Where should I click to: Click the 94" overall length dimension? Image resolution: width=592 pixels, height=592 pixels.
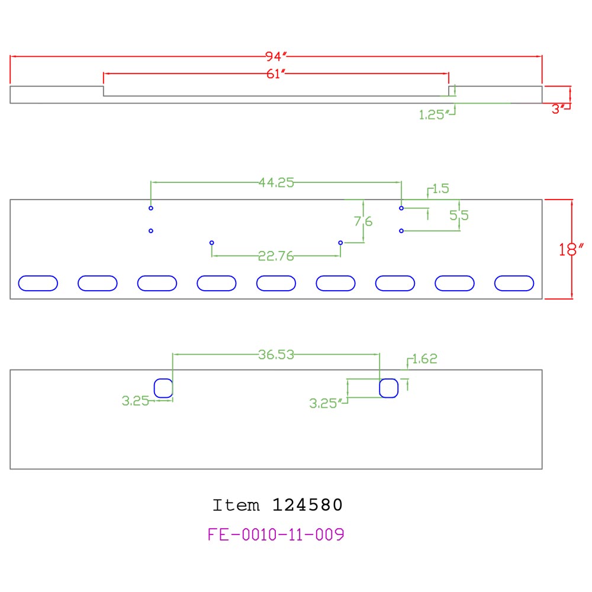click(276, 56)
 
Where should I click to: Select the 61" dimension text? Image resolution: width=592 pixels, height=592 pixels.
click(276, 73)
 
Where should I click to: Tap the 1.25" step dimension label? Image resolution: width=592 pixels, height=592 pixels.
click(434, 114)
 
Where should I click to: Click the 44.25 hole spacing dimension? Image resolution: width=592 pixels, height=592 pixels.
click(276, 182)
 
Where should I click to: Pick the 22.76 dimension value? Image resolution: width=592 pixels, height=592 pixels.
click(276, 256)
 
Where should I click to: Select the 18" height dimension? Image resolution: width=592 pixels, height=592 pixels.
click(571, 249)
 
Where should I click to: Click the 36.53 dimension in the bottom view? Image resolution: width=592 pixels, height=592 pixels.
click(276, 355)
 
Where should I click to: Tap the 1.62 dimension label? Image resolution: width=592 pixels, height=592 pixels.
click(424, 359)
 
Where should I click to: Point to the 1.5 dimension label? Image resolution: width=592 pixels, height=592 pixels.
click(440, 188)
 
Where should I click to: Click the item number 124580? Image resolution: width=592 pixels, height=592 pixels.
click(307, 505)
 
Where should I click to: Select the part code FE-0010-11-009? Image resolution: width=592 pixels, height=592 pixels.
click(276, 534)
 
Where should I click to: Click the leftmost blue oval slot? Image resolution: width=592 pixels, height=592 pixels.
click(38, 283)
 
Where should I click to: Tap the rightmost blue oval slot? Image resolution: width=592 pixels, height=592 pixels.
click(514, 283)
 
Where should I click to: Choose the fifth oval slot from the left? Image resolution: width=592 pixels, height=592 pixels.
click(276, 283)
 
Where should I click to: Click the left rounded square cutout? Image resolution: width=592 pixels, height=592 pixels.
click(163, 388)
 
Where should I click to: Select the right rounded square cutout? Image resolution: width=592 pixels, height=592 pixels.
click(389, 388)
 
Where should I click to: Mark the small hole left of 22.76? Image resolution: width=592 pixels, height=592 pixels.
click(212, 243)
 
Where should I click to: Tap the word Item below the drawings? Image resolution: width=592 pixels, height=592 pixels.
click(236, 505)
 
